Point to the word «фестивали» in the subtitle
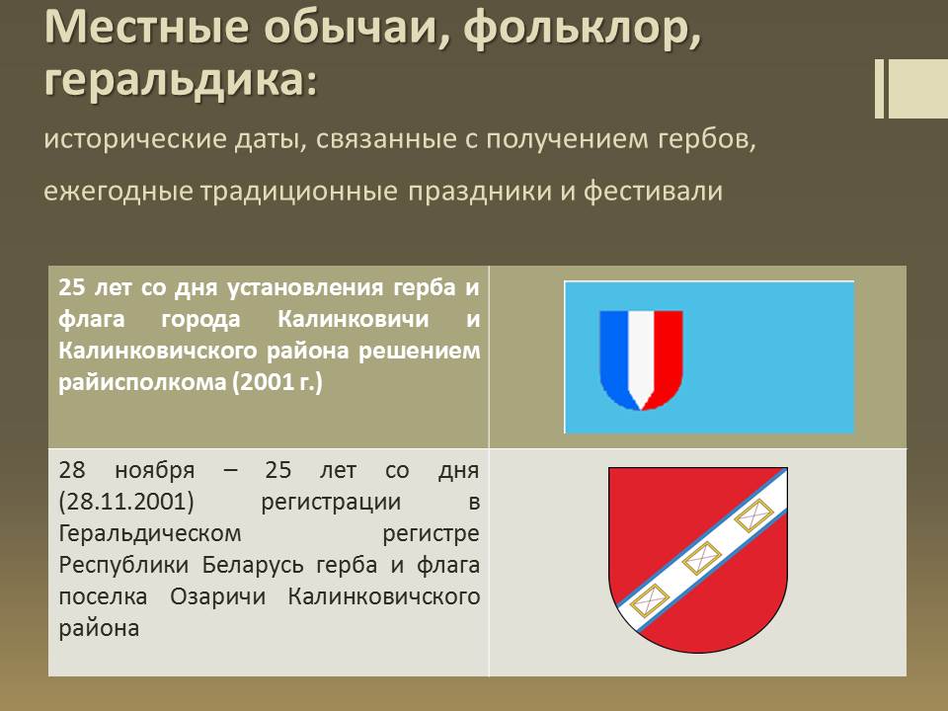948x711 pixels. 653,191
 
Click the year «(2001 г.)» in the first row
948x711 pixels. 277,382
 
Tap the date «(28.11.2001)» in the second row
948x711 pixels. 126,502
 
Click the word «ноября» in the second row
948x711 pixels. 155,470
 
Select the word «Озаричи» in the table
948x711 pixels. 217,596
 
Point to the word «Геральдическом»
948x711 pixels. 150,534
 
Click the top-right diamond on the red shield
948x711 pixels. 753,515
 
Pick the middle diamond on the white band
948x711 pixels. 701,558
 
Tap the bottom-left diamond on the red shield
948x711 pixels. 650,601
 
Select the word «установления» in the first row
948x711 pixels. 305,287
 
